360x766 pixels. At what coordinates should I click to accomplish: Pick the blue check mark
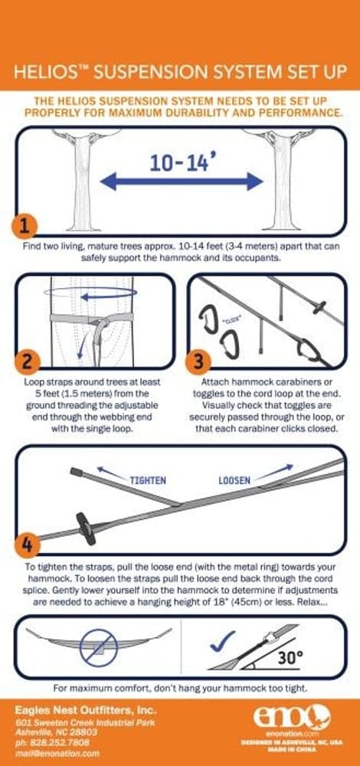223,641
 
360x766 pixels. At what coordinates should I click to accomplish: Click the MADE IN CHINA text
293,751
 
